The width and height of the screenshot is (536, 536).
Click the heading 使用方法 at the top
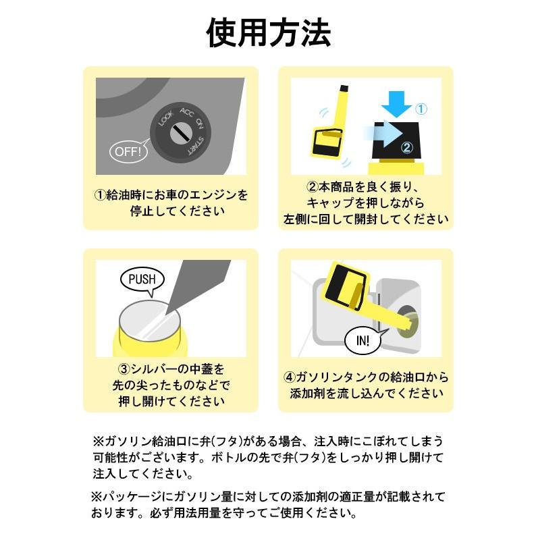[268, 32]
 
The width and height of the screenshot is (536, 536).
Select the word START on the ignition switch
[195, 146]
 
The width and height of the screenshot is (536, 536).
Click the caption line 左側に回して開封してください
[365, 219]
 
